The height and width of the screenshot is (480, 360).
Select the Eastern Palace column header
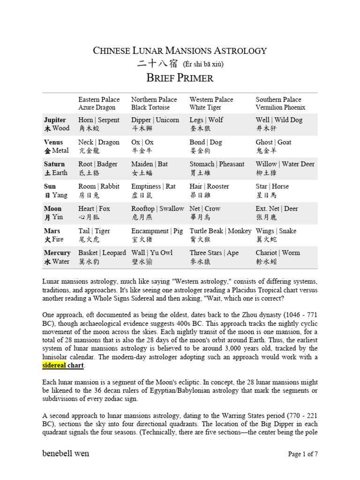point(99,104)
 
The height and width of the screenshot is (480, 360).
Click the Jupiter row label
point(55,124)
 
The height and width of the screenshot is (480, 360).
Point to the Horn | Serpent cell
point(99,124)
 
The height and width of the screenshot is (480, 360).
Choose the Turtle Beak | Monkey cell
point(220,235)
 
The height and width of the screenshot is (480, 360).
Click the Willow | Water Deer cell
point(285,168)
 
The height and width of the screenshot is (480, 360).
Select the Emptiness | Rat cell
point(153,190)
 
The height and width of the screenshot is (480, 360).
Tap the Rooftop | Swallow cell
point(157,213)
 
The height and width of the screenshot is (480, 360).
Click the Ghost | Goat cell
point(273,146)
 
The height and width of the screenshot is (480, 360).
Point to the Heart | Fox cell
point(93,213)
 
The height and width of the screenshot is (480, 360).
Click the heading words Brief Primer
point(180,78)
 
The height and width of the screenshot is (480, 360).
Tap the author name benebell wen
point(66,453)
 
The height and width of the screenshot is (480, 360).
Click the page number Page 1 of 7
point(302,454)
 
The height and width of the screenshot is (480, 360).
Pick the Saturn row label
point(55,168)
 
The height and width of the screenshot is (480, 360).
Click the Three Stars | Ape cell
point(214,257)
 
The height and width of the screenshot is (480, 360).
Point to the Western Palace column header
point(211,104)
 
